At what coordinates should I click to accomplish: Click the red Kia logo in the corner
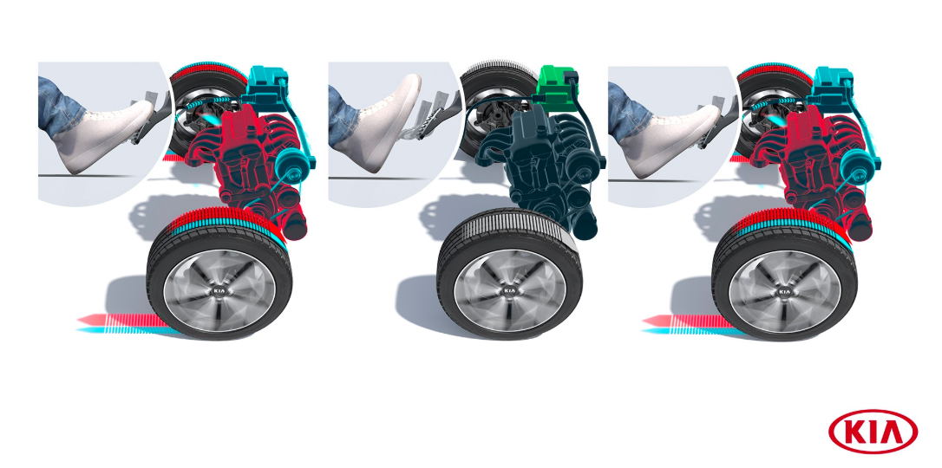(873, 432)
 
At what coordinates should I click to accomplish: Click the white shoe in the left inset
(102, 136)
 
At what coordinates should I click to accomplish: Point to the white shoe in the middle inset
(376, 126)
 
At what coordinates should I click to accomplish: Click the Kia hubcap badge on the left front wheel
(219, 291)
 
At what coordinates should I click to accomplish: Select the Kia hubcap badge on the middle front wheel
(509, 291)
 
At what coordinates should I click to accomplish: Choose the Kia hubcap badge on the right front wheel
(784, 291)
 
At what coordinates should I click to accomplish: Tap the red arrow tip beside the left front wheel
(82, 320)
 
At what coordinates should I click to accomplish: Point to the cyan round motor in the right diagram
(859, 165)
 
